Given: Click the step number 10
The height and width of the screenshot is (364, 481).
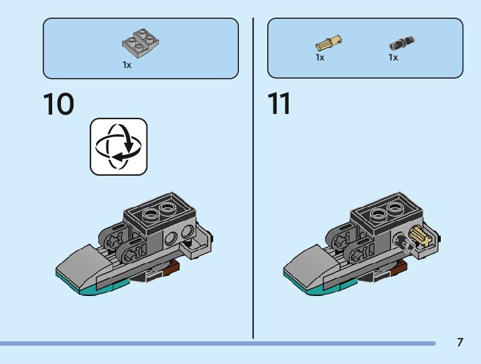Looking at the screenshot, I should pos(58,105).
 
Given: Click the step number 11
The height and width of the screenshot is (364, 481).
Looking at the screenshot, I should pos(279,105).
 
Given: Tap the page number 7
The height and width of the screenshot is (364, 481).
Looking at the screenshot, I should pos(460,343).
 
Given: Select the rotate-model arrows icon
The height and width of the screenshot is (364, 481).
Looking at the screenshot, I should pos(119,146).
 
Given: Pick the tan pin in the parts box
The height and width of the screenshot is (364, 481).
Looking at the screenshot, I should pos(328,43).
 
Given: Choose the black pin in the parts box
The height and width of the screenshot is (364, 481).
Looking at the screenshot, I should pos(401,43).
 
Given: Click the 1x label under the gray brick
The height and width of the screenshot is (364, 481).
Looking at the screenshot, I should pos(127,65).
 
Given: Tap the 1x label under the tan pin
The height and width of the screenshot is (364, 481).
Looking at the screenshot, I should pos(320,58).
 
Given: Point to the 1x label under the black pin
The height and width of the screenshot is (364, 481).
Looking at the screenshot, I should pos(393,58).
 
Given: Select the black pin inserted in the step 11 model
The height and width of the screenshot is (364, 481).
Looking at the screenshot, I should pos(401,242).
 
